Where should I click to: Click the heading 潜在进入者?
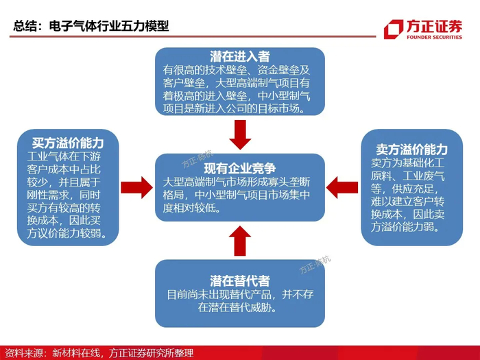(x=240, y=56)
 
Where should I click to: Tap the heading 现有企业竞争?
(x=240, y=168)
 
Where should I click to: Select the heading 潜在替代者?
(x=240, y=280)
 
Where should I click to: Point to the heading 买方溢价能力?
(x=68, y=143)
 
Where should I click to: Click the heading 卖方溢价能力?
(x=412, y=149)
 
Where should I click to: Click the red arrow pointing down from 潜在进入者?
(x=240, y=134)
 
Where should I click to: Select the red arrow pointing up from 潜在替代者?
(x=240, y=241)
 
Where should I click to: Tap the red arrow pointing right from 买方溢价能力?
(x=137, y=187)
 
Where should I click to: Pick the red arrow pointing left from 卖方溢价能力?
(x=342, y=187)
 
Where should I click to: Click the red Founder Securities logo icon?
(x=394, y=29)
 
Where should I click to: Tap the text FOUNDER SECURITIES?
(x=434, y=37)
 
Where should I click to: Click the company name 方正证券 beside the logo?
(x=434, y=26)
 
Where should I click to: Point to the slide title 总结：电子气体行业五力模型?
(x=91, y=26)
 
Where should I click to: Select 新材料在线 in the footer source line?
(x=76, y=353)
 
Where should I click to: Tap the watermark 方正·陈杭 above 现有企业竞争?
(x=197, y=159)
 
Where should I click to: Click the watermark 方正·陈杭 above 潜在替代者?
(x=315, y=265)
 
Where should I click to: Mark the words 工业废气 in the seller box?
(x=423, y=176)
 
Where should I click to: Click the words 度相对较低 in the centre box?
(x=189, y=208)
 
